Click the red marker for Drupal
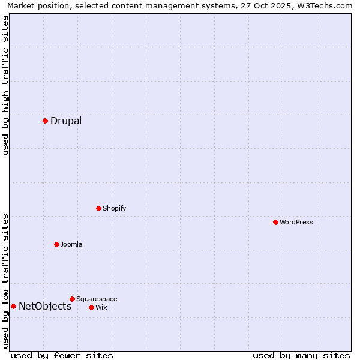click(x=45, y=121)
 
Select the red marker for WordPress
click(x=275, y=222)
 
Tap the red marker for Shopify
click(x=98, y=208)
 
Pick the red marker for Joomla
click(x=56, y=244)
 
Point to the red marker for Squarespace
click(x=72, y=299)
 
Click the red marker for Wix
click(x=91, y=307)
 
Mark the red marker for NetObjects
click(x=13, y=306)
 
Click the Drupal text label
click(x=66, y=121)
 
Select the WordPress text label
click(x=296, y=222)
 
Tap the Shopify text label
click(x=114, y=208)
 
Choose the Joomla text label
click(x=71, y=244)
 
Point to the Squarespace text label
click(x=97, y=299)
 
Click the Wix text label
click(x=101, y=307)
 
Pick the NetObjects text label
click(x=45, y=306)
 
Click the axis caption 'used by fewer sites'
click(x=62, y=355)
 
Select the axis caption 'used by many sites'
click(x=301, y=355)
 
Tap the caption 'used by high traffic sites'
click(x=5, y=85)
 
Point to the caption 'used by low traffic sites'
click(x=5, y=281)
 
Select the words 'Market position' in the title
click(x=36, y=5)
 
